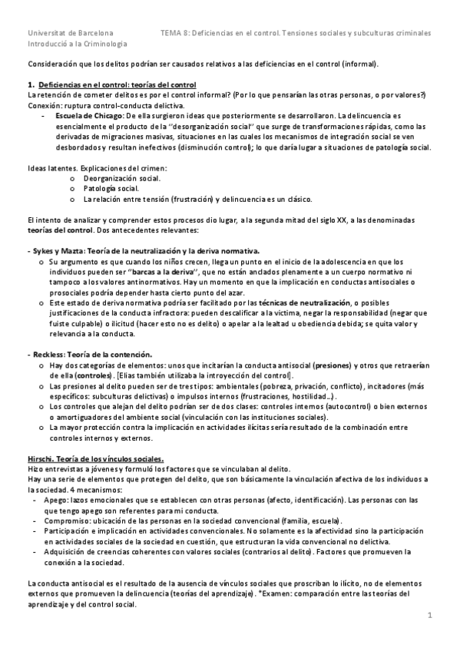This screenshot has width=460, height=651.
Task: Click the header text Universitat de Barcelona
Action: coord(70,34)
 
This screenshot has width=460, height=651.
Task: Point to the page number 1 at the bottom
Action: coord(431,616)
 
